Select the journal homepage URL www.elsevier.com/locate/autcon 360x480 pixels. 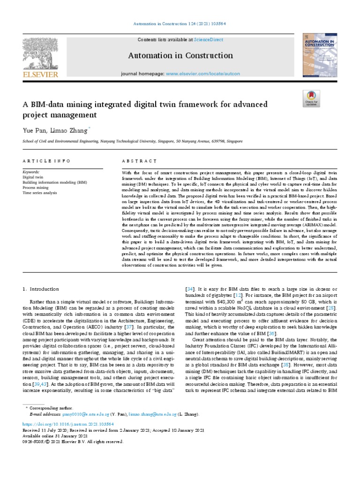202,74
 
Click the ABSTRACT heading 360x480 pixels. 139,161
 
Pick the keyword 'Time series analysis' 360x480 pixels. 41,192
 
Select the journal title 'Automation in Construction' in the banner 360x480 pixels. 180,56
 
